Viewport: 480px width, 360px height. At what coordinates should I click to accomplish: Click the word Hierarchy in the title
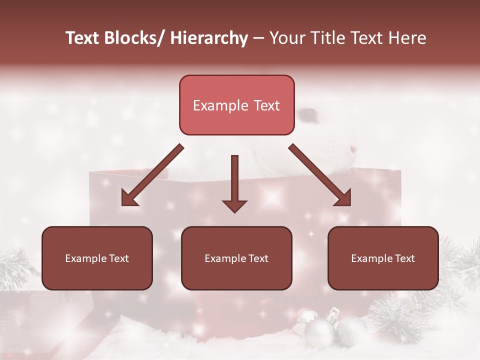[209, 38]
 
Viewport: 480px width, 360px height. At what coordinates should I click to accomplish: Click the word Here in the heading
[408, 38]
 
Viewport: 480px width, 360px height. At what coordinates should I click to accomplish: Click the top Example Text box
[236, 105]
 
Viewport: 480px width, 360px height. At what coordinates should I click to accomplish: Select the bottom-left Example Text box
[97, 258]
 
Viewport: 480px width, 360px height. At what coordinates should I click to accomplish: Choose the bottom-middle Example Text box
[236, 258]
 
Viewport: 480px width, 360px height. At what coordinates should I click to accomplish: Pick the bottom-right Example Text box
[383, 258]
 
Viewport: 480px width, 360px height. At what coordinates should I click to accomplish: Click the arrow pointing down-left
[152, 175]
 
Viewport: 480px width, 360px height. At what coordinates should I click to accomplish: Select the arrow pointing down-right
[320, 175]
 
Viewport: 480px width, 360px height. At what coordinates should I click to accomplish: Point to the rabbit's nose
[354, 148]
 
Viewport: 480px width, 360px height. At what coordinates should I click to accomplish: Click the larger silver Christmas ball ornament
[319, 332]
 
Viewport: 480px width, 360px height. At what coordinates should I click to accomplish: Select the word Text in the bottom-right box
[404, 258]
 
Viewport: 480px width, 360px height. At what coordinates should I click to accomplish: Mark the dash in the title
[258, 38]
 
